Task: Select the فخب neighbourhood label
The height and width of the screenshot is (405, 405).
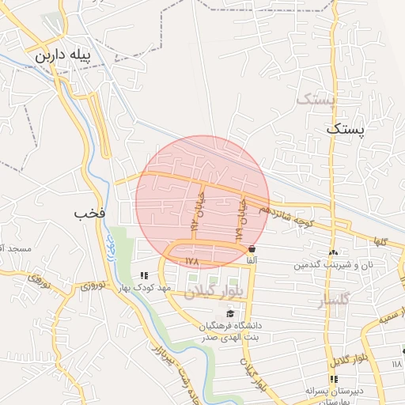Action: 89,214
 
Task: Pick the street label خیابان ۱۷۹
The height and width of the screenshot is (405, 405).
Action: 240,220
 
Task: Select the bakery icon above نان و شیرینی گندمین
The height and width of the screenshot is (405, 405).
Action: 332,252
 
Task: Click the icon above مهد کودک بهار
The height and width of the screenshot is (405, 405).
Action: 143,276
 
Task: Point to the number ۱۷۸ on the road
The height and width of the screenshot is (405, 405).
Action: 191,260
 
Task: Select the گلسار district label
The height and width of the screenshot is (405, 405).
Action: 332,302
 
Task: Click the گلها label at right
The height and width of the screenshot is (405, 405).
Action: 382,241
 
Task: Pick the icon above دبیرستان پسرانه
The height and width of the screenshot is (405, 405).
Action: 333,378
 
